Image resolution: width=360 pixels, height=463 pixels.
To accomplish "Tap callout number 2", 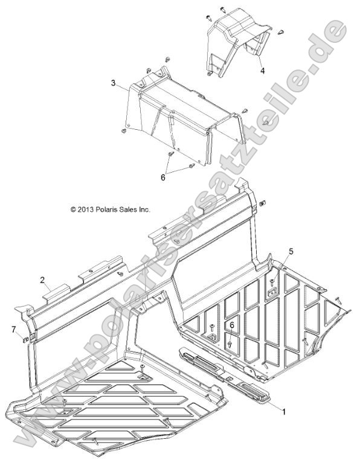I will point(43,279).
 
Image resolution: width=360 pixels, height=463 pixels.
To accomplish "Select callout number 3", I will point(113,83).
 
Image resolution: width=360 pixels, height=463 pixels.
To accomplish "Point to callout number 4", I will point(263,71).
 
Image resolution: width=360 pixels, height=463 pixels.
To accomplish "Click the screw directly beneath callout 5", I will point(273,264).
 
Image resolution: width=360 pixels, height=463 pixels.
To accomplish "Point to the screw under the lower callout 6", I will point(230,342).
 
